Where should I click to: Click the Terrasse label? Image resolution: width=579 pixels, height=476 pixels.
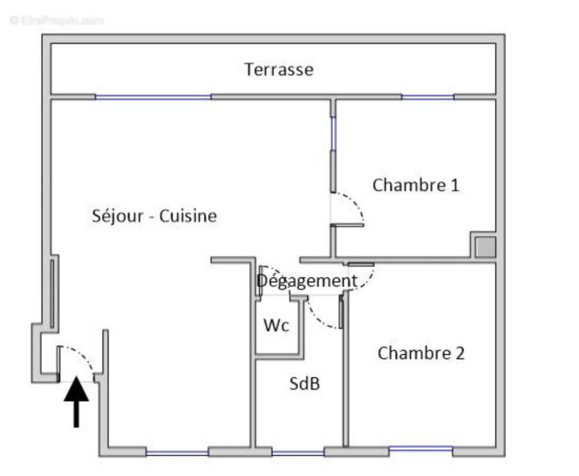click(279, 70)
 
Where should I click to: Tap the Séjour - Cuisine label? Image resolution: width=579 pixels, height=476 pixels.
click(154, 216)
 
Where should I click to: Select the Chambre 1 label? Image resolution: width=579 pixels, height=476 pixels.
click(416, 185)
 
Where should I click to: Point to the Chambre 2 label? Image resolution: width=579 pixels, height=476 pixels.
click(421, 353)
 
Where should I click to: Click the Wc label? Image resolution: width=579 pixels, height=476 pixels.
click(276, 326)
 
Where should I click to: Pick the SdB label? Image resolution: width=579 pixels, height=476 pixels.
click(304, 384)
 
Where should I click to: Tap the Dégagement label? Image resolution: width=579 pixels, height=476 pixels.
click(307, 281)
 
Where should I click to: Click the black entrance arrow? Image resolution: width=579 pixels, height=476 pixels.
click(76, 400)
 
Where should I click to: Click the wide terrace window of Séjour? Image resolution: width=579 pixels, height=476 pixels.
click(153, 97)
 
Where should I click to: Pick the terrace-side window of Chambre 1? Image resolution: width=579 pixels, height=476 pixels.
click(427, 96)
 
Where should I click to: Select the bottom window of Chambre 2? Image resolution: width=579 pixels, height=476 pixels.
click(420, 449)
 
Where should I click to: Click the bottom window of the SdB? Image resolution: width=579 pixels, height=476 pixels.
click(298, 453)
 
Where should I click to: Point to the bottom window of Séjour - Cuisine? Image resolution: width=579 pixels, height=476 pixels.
click(177, 453)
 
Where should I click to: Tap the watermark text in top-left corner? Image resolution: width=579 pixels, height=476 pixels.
click(57, 20)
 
